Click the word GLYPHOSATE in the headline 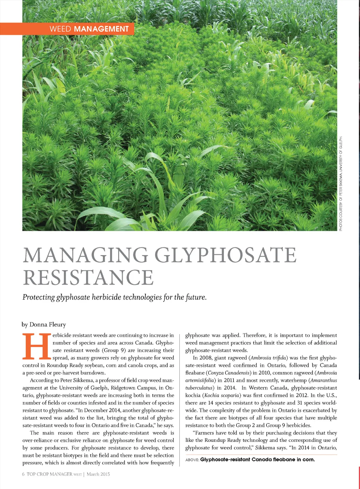pyautogui.click(x=225, y=255)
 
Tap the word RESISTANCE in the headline pyautogui.click(x=88, y=277)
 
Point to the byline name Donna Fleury pyautogui.click(x=47, y=324)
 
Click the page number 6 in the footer pyautogui.click(x=24, y=474)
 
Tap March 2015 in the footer pyautogui.click(x=98, y=474)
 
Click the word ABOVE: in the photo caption pyautogui.click(x=192, y=460)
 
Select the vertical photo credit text pyautogui.click(x=341, y=183)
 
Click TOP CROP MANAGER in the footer pyautogui.click(x=49, y=474)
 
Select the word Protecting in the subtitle pyautogui.click(x=39, y=297)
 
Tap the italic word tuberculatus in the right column pyautogui.click(x=199, y=388)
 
